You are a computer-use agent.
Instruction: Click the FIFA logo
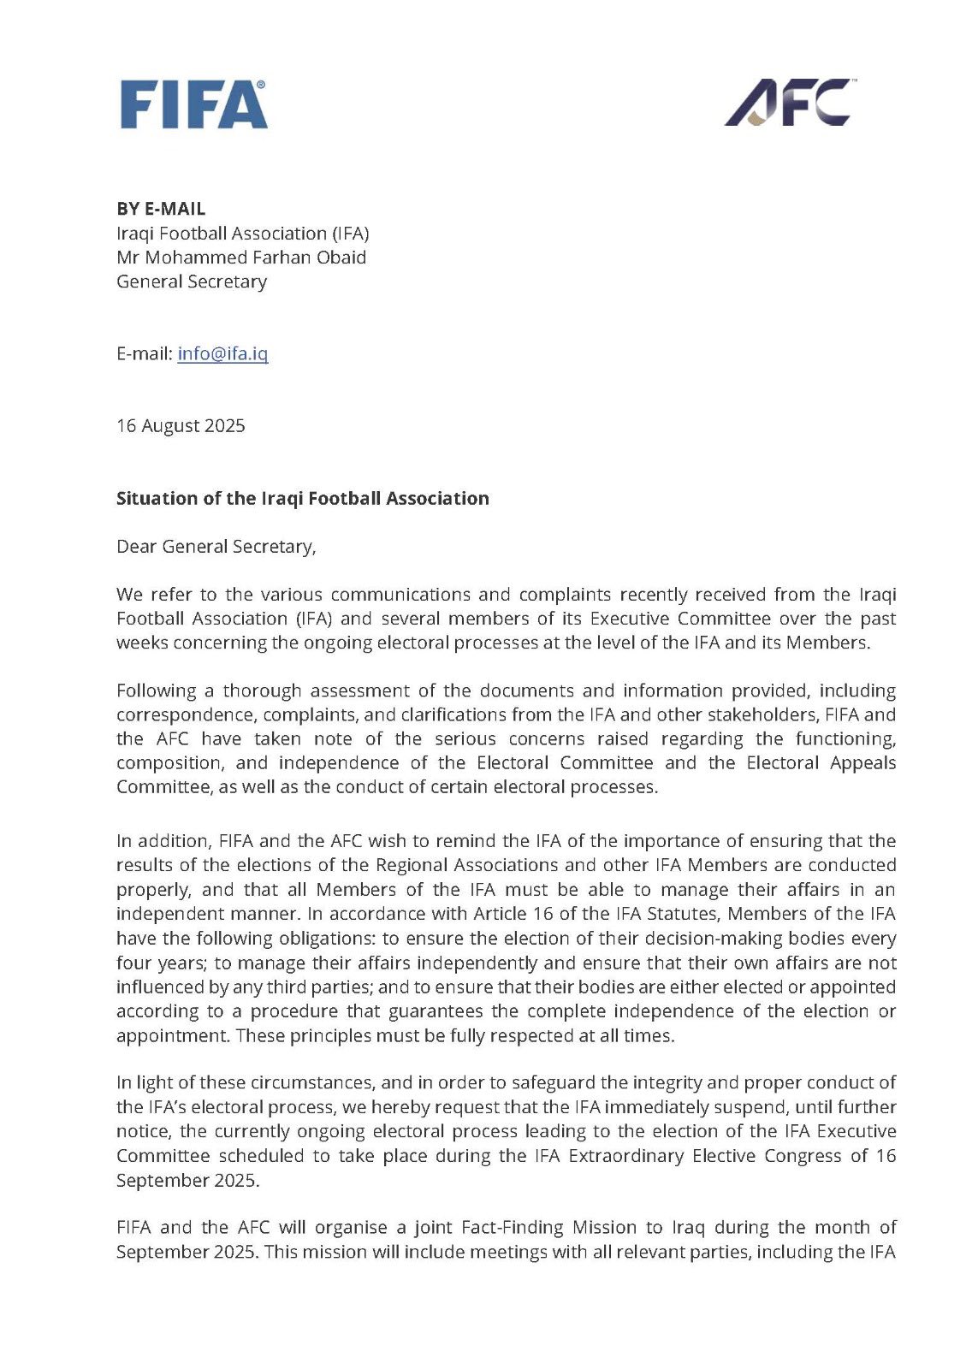tap(193, 104)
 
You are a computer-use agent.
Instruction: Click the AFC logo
tap(790, 103)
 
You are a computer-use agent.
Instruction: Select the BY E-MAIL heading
tap(161, 209)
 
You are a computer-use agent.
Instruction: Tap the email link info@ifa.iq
tap(222, 353)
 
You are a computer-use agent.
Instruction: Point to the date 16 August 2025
tap(181, 425)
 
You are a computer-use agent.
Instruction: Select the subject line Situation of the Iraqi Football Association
tap(302, 498)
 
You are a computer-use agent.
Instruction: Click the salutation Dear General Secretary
tap(216, 546)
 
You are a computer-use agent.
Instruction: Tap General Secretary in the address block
tap(192, 282)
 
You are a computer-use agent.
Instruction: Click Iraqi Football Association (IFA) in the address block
tap(242, 234)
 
